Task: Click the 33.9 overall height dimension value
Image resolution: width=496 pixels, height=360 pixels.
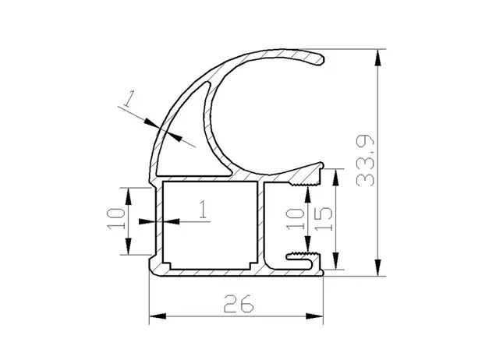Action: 365,161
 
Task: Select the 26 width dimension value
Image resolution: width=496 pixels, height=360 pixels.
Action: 239,304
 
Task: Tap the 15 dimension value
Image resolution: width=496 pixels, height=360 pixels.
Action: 324,219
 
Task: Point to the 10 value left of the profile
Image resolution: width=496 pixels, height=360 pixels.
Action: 116,218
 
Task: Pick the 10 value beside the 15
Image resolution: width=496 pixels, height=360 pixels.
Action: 295,218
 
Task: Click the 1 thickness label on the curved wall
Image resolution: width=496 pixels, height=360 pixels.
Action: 129,98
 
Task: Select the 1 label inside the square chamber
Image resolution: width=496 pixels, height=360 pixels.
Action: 203,210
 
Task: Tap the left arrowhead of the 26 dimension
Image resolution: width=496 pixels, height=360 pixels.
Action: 158,316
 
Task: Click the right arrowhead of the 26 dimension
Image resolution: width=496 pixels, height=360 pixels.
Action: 314,316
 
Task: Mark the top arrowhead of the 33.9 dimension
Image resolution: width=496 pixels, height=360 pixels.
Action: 377,58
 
